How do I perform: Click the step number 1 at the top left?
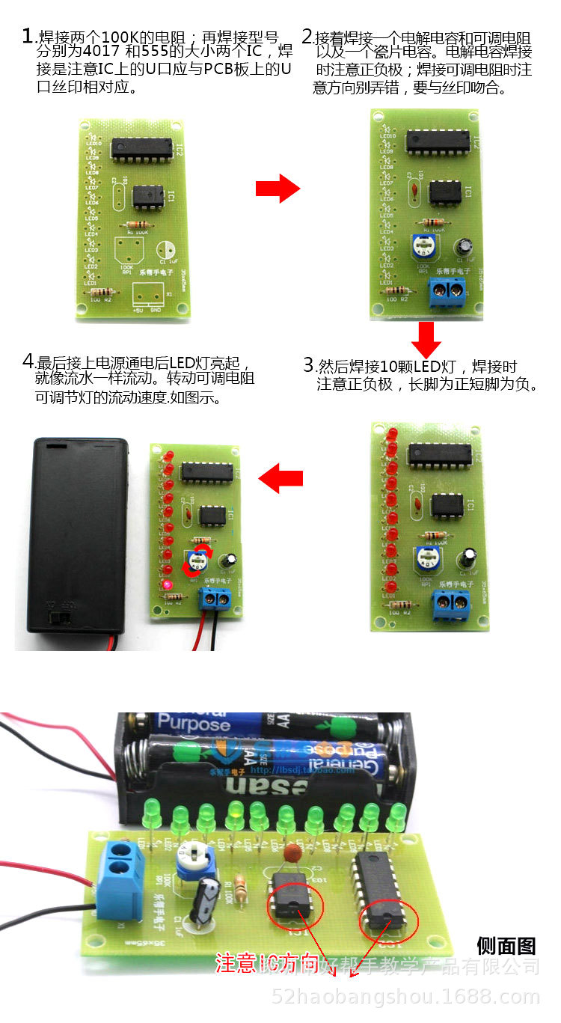coord(28,36)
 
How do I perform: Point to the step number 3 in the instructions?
coord(308,365)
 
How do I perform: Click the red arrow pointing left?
coord(280,477)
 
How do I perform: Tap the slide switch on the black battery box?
coord(57,617)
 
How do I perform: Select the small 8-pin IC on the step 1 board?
coord(148,195)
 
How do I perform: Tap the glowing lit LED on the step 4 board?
coord(170,584)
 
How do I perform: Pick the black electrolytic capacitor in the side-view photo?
coord(205,901)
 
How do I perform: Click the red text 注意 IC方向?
coord(266,962)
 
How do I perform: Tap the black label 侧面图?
coord(506,945)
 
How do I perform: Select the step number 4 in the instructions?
coord(28,361)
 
